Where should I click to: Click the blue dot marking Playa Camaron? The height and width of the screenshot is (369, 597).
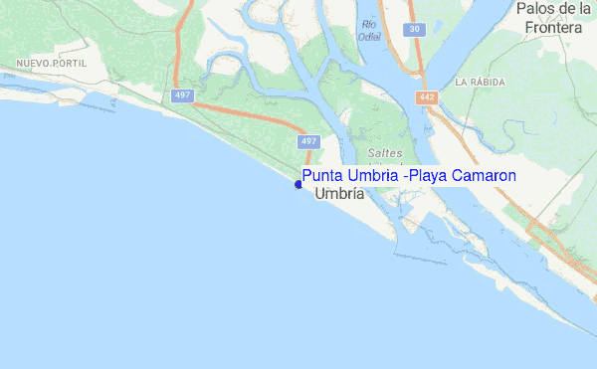(298, 184)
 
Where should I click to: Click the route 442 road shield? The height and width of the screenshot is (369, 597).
(429, 95)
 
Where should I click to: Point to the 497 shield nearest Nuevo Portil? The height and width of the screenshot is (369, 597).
(181, 95)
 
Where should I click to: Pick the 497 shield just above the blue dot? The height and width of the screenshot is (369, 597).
(307, 142)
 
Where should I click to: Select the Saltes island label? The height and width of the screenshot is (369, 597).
(384, 153)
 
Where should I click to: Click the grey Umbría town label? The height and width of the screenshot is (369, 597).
(338, 195)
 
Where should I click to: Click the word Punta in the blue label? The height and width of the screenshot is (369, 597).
(323, 176)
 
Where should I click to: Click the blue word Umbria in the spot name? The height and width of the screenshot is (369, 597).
(374, 176)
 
